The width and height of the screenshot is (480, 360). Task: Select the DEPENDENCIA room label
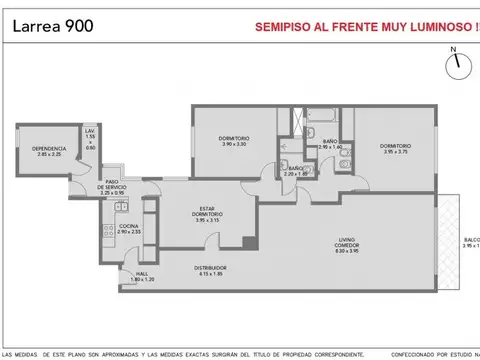(x=49, y=150)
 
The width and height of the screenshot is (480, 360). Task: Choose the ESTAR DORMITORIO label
(x=208, y=213)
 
